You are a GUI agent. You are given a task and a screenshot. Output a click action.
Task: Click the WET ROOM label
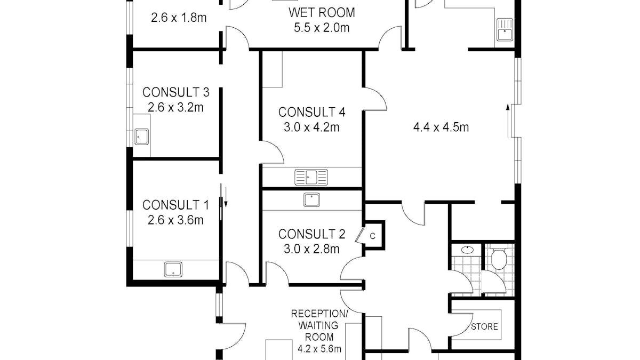click(322, 12)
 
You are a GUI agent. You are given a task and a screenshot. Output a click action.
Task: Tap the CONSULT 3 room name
click(176, 92)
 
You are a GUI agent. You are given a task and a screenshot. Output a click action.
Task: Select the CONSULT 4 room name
click(312, 112)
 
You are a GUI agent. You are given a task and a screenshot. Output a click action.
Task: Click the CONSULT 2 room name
click(312, 234)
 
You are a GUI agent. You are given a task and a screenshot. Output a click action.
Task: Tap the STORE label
click(484, 326)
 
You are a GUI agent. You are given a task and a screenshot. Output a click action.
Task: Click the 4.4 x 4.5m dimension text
click(441, 127)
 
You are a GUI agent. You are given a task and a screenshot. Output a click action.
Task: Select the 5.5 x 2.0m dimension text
click(322, 28)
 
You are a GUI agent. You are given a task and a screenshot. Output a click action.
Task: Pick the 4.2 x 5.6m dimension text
click(319, 350)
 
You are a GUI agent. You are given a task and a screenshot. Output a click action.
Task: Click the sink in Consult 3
click(141, 137)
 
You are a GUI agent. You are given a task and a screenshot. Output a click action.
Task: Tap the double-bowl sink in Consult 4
click(311, 177)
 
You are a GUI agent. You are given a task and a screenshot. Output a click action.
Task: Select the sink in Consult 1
click(173, 269)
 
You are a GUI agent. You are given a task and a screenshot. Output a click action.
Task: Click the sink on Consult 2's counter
click(312, 200)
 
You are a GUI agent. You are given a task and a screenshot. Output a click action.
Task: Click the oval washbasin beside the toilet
click(468, 249)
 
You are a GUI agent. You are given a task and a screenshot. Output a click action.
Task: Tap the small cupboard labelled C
click(373, 235)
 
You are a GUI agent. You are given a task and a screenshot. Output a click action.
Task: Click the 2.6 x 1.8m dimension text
click(179, 17)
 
